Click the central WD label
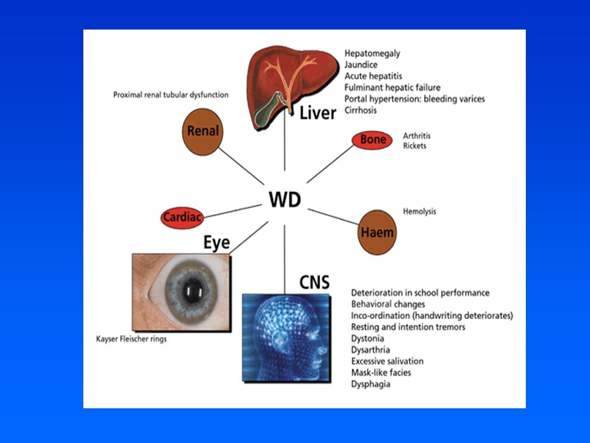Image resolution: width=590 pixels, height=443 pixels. click(284, 199)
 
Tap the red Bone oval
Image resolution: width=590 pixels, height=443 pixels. click(372, 140)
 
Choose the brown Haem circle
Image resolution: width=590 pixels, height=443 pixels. click(377, 232)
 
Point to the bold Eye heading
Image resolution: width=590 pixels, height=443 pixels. click(217, 242)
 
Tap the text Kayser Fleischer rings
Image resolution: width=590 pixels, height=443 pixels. click(132, 340)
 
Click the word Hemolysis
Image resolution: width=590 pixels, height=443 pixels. click(420, 211)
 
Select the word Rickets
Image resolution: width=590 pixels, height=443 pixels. click(414, 145)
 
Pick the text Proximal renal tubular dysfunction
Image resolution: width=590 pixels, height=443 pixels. click(170, 95)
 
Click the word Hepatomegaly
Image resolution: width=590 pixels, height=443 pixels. click(372, 54)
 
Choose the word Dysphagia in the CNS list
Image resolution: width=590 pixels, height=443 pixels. click(371, 384)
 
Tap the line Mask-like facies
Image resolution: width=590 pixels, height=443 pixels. click(381, 373)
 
